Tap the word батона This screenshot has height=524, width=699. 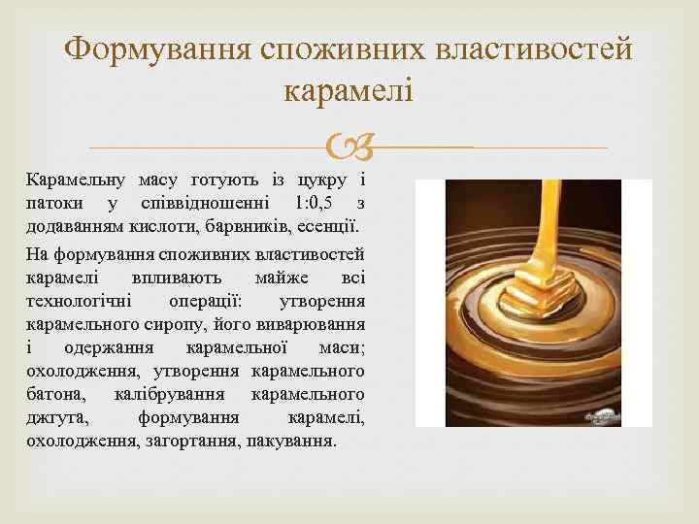(56, 394)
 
